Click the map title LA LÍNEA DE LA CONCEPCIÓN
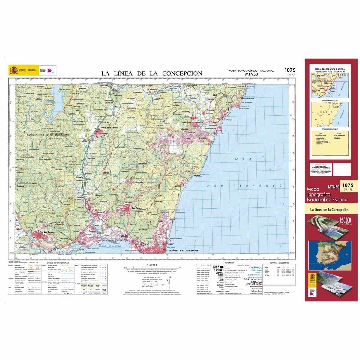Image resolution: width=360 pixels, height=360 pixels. click(151, 73)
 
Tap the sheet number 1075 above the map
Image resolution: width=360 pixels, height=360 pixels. click(290, 70)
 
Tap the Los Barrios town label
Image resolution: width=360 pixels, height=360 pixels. click(49, 232)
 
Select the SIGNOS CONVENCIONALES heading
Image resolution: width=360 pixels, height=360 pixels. click(56, 263)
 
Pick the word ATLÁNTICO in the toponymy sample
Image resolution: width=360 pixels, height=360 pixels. click(256, 267)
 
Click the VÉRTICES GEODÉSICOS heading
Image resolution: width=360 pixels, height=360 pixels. click(281, 263)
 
